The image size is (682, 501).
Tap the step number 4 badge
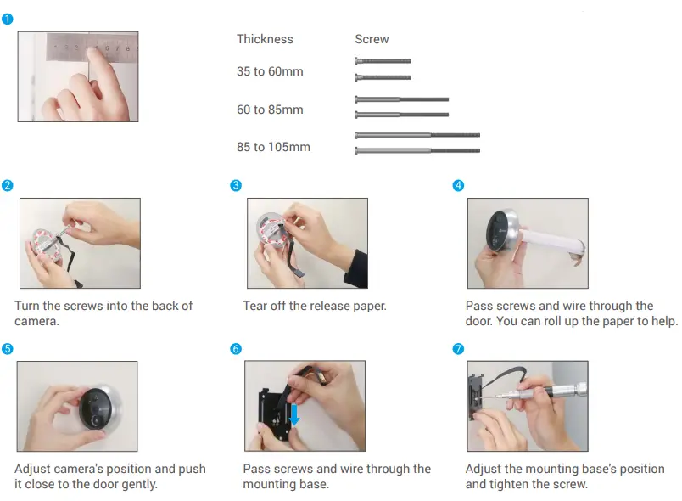pos(458,186)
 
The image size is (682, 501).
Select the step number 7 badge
pos(458,349)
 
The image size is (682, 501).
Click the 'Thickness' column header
pos(265,39)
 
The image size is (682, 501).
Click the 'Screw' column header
pos(372,39)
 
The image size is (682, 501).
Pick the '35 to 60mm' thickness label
pos(269,72)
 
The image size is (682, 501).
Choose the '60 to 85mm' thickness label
pos(269,110)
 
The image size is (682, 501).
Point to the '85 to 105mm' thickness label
pos(273,147)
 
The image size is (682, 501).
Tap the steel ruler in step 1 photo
pos(93,46)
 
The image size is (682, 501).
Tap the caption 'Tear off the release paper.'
pos(314,306)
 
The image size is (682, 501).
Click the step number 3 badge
pos(236,186)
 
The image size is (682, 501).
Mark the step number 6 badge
pos(236,349)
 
